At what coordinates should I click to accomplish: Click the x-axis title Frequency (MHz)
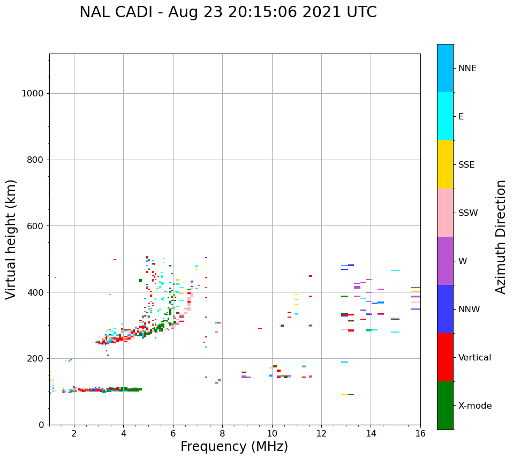tap(234, 447)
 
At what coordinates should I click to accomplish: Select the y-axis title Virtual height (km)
tap(11, 239)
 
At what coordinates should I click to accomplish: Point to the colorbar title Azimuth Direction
tap(501, 237)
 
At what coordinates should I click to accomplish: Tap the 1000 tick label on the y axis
tap(32, 94)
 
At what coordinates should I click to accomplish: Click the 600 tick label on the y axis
tap(35, 226)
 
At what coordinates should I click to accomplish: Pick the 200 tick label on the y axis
tap(35, 358)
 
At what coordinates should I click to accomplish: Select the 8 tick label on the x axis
tap(222, 433)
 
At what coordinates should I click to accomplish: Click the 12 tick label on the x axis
tap(321, 433)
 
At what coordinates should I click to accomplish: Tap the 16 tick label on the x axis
tap(420, 433)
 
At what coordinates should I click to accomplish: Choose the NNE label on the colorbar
tap(467, 69)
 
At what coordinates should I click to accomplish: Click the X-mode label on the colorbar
tap(474, 406)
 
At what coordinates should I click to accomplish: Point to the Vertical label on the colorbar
tap(474, 358)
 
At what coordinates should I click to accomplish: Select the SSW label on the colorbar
tap(468, 213)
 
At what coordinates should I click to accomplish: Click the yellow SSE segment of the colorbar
tap(445, 164)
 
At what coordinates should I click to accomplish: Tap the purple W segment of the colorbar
tap(445, 261)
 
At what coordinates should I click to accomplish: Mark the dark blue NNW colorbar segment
tap(445, 309)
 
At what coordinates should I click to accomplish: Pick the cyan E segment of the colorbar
tap(445, 116)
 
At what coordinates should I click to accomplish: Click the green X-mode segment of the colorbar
tap(445, 405)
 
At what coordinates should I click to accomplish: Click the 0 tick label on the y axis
tap(40, 425)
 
